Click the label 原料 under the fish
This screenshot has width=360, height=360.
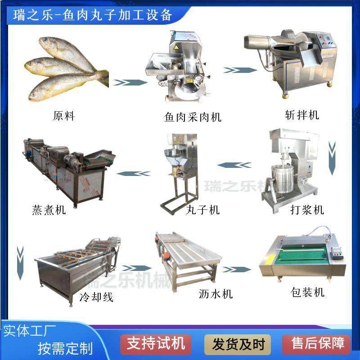[x=64, y=116]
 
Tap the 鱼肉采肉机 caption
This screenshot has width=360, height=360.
[x=193, y=117]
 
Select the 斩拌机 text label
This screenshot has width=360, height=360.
[x=302, y=115]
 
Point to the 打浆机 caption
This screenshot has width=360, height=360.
[x=307, y=210]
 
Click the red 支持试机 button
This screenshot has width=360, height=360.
[x=156, y=344]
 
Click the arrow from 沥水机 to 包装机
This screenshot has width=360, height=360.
[x=236, y=269]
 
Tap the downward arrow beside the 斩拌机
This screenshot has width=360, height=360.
[x=332, y=157]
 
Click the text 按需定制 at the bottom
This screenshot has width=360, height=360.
[x=65, y=349]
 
